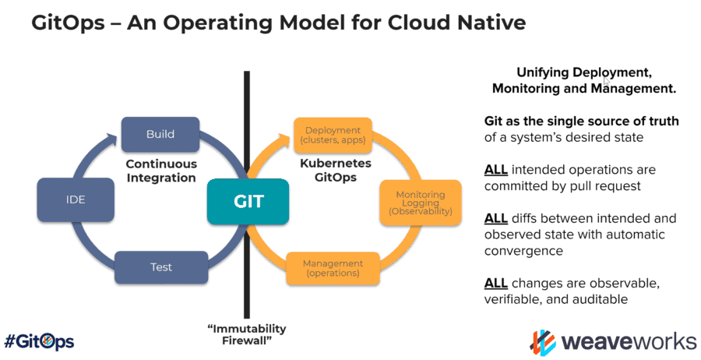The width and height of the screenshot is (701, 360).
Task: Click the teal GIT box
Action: pos(248,201)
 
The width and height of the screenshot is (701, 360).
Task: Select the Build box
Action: pos(160,134)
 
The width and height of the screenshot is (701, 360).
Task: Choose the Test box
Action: pos(160,267)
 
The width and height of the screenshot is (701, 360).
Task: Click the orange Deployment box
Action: pos(333,136)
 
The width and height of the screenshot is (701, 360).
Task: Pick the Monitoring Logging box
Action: pos(420,203)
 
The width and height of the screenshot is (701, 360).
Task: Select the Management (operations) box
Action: pos(333,268)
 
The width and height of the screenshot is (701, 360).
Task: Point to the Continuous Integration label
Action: pos(160,171)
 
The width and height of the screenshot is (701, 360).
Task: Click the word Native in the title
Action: pos(488,23)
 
